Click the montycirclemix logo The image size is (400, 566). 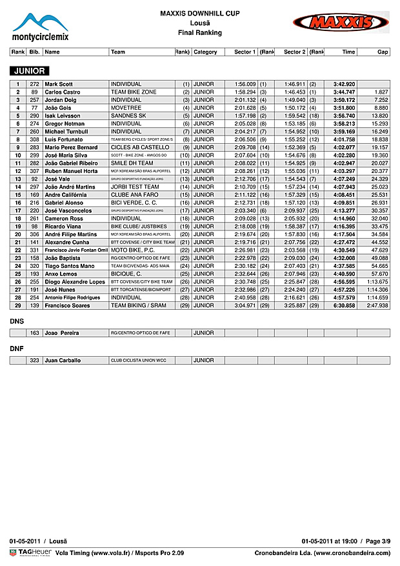click(x=41, y=27)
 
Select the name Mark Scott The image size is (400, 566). click(x=59, y=85)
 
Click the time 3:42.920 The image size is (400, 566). click(x=344, y=85)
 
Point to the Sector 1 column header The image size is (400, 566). click(x=245, y=52)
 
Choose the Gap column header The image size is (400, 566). click(x=383, y=52)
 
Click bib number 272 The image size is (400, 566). click(x=34, y=85)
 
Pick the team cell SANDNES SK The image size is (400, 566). click(x=128, y=116)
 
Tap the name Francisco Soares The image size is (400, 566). click(x=67, y=305)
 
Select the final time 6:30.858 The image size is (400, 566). click(x=344, y=305)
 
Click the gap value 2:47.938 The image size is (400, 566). click(x=377, y=305)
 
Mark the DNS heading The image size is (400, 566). click(x=17, y=320)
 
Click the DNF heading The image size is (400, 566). click(x=17, y=348)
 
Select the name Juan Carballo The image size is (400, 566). click(x=63, y=361)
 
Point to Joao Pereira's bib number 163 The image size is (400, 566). click(x=34, y=333)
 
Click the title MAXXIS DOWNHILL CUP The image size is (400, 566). click(x=199, y=13)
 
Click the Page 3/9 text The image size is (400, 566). click(x=377, y=540)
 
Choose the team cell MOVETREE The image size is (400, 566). click(x=126, y=108)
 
